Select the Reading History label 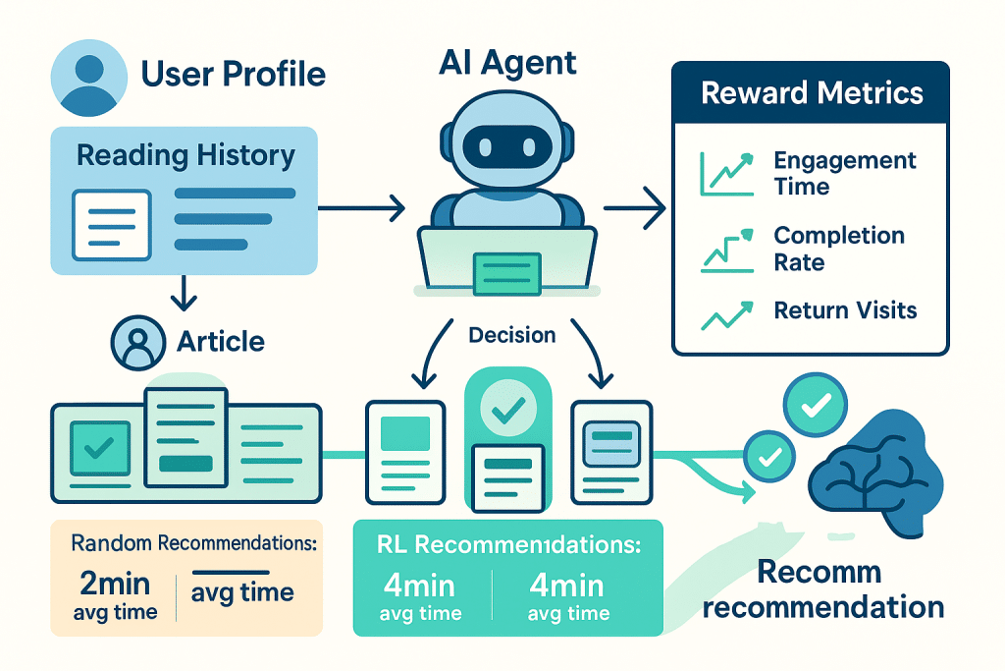tap(185, 155)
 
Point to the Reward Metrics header tap(811, 93)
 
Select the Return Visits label tap(845, 311)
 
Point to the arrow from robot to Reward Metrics tap(634, 207)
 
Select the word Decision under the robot tap(512, 335)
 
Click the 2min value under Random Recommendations tap(114, 584)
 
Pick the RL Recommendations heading tap(508, 545)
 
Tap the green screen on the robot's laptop tap(506, 272)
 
